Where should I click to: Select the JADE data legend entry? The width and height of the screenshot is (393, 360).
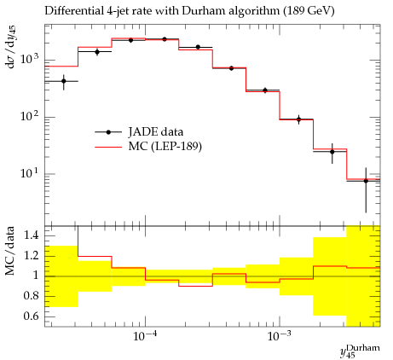coord(139,132)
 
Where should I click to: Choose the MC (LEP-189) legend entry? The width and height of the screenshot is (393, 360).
coord(148,147)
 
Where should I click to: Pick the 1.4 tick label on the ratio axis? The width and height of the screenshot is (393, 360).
coord(31,235)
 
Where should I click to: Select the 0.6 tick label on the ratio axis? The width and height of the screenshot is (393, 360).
coord(31,316)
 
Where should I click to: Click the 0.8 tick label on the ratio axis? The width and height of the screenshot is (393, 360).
coord(31,296)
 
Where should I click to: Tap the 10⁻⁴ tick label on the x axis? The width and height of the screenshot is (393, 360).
coord(145,337)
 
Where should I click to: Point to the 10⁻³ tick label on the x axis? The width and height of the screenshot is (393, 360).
coord(280,337)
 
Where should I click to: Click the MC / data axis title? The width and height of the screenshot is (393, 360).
coord(10,251)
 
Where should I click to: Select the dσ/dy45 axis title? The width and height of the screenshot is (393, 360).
coord(11,47)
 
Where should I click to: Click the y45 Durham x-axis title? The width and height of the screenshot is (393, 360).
coord(360,351)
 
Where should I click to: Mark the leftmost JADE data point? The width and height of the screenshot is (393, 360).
coord(64,81)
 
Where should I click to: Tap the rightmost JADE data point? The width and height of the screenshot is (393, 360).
coord(366,181)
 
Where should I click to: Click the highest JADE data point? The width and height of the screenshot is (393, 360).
coord(165,39)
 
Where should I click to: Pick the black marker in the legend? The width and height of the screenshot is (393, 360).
coord(108,132)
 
